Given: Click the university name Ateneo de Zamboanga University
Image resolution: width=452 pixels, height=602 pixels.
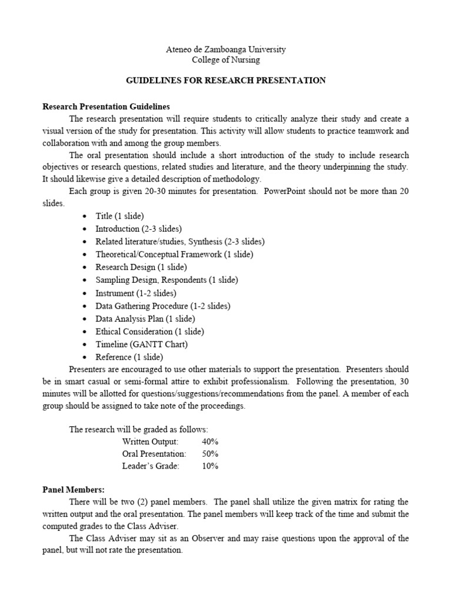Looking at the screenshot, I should coord(226,49).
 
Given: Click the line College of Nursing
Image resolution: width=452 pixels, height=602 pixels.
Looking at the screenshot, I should coord(226,59).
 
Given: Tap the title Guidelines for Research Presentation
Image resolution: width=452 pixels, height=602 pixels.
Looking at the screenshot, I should coord(226,80).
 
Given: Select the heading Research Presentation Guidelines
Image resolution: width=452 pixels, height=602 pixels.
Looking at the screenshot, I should coord(106,106).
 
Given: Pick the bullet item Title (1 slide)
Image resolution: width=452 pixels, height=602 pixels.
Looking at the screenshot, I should coord(119,216).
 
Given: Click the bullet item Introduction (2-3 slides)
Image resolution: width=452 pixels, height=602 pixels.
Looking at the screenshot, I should coord(139,229).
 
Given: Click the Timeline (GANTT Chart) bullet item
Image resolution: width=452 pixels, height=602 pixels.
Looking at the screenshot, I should coord(142,344).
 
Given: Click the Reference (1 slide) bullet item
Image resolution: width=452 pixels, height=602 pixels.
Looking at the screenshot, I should coord(129,357).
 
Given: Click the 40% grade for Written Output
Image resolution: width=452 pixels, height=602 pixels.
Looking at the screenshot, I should coord(210,441).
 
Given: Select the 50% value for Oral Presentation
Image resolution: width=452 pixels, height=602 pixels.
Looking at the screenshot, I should coord(210,453).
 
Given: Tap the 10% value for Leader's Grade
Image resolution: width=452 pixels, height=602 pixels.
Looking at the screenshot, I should coord(210,466).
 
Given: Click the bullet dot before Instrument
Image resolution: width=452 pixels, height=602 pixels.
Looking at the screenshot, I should coord(86,293).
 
